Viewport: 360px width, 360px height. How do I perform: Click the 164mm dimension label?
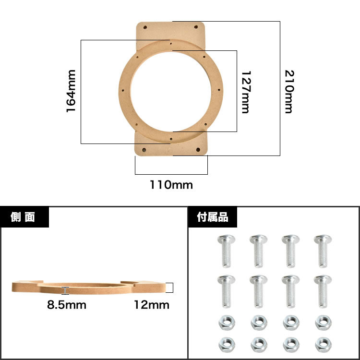pos(71,91)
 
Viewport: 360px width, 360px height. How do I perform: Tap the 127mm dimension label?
pos(246,92)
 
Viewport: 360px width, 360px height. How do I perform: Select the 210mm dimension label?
pos(289,92)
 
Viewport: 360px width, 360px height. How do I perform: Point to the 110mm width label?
pos(171,185)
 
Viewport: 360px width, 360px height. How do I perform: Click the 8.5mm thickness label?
pos(67,305)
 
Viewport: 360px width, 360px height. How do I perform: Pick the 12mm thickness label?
pos(152,305)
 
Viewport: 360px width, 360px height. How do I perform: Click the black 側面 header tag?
pos(24,217)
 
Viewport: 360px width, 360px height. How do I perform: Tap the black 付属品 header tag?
pos(213,217)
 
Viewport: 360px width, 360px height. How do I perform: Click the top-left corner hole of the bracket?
pos(145,27)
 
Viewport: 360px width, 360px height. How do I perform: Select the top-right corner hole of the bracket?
pos(196,27)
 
